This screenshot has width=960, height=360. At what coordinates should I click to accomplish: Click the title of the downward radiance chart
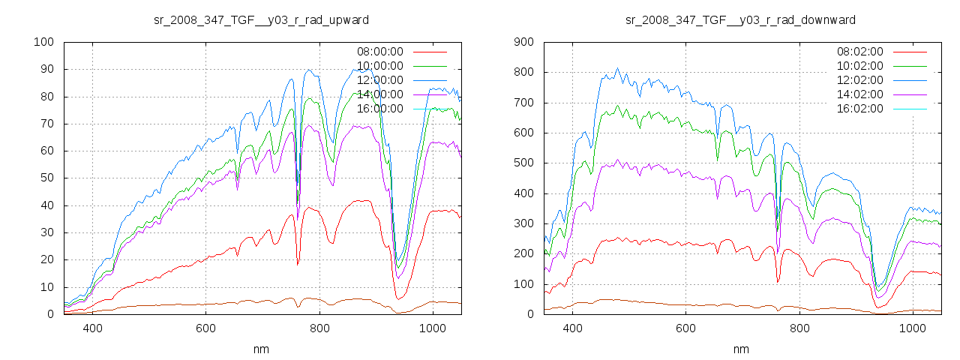(741, 19)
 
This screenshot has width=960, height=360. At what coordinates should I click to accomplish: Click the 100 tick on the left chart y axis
(43, 42)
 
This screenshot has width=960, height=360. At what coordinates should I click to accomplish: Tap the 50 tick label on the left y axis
(46, 178)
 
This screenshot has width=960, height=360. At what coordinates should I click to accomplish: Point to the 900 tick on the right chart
(523, 42)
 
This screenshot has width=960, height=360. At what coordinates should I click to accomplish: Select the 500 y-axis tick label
(523, 163)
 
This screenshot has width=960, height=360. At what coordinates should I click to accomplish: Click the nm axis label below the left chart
(261, 349)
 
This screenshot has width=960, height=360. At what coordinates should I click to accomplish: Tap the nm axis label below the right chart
(741, 349)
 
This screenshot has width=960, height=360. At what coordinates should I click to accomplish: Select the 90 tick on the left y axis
(46, 69)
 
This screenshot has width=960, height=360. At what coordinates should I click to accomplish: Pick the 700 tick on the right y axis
(523, 103)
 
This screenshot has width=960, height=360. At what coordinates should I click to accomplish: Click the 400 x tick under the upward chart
(92, 328)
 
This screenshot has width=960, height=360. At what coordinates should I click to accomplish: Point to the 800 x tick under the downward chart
(799, 328)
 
